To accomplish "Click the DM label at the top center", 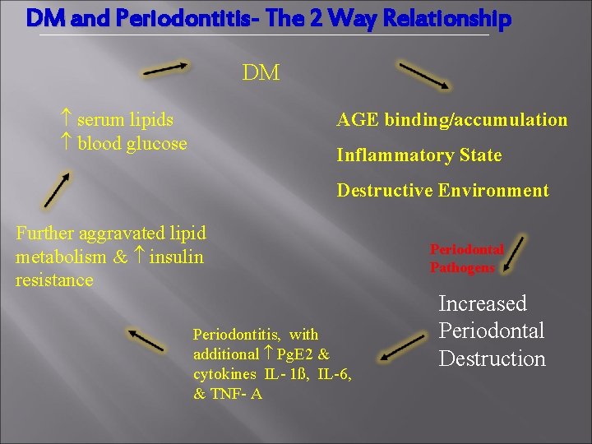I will click(x=261, y=73).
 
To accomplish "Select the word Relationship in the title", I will click(x=443, y=18).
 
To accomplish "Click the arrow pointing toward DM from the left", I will click(x=168, y=69).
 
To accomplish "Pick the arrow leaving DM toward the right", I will click(x=423, y=75).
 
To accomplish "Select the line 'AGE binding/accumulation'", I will click(x=452, y=120).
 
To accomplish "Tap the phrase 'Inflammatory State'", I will click(x=419, y=155).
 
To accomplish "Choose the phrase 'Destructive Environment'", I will click(x=442, y=191).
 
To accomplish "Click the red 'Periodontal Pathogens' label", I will click(x=466, y=257).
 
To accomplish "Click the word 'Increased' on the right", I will click(x=483, y=303).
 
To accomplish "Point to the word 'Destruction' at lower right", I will click(x=492, y=359).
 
